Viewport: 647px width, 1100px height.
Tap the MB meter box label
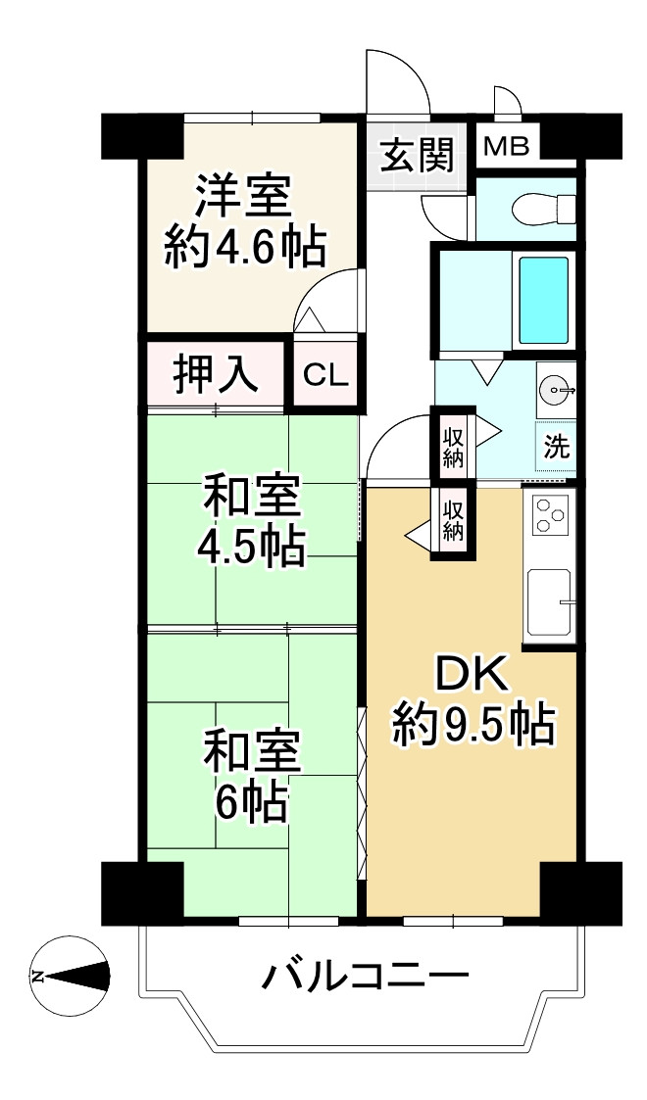pos(507,147)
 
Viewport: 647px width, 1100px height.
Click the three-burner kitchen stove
pos(551,515)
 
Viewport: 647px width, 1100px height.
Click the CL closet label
pos(325,373)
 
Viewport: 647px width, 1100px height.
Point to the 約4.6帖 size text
pos(244,249)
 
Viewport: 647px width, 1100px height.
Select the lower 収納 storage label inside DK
pos(452,519)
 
